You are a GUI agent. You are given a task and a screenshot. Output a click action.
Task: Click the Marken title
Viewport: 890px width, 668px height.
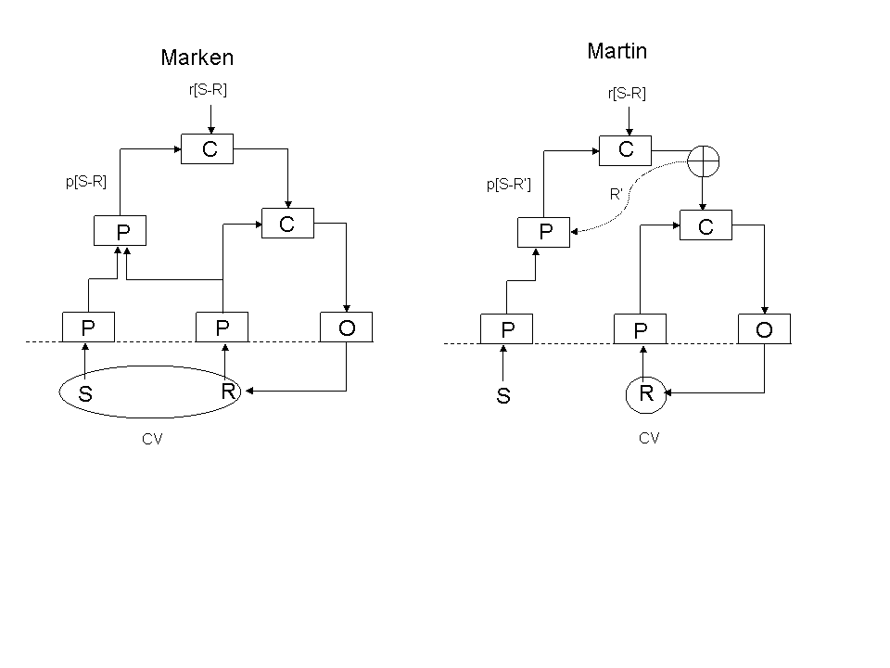(x=197, y=58)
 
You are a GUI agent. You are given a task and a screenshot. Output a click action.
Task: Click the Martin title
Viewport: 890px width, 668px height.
(x=617, y=51)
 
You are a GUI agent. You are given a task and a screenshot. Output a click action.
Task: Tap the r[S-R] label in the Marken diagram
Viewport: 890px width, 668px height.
(x=207, y=90)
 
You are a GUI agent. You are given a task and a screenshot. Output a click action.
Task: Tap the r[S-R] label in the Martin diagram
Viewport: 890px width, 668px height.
(x=627, y=93)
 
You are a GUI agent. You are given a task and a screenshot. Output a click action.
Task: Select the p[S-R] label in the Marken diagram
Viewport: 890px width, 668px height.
(x=86, y=182)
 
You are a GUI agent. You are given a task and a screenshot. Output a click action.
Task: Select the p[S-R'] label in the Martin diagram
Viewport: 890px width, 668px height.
(x=509, y=185)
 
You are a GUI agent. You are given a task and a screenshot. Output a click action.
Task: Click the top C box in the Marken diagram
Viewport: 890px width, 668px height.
(x=209, y=149)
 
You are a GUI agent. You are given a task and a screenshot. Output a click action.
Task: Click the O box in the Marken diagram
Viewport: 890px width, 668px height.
(x=347, y=328)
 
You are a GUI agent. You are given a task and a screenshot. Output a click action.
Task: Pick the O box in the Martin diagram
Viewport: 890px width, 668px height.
(x=765, y=329)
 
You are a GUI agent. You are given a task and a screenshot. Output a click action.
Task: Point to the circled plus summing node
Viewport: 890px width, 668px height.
(x=704, y=162)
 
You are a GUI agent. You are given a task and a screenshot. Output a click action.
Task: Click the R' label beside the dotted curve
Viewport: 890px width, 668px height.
(x=616, y=195)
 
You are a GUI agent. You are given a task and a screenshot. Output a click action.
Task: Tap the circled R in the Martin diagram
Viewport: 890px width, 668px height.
(x=647, y=393)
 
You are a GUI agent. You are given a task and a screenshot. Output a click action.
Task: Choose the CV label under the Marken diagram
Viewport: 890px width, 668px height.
(x=152, y=439)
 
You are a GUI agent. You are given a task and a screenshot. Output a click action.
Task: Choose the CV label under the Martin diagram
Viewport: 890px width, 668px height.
(x=649, y=438)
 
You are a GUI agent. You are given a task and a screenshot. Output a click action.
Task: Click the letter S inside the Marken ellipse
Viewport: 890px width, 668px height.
(x=85, y=394)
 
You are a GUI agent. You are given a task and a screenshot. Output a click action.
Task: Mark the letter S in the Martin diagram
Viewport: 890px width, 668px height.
(x=503, y=397)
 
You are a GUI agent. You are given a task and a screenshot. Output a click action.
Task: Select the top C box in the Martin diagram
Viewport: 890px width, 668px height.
(x=627, y=149)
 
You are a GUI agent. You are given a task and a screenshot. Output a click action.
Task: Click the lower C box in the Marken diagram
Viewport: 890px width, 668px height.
(x=287, y=224)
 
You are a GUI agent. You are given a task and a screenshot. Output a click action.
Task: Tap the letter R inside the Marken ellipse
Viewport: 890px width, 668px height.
(x=227, y=392)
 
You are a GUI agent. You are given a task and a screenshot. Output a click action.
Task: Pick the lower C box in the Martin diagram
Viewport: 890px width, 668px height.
(x=706, y=226)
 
